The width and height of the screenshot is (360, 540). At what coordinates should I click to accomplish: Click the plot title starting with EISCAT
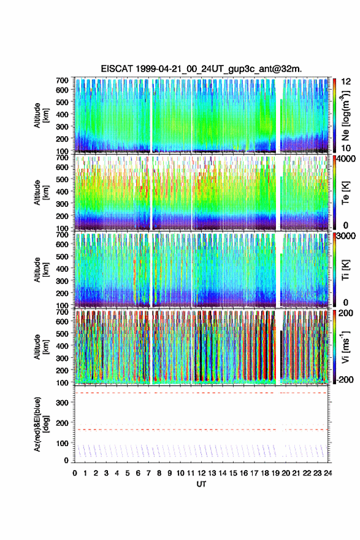(x=201, y=69)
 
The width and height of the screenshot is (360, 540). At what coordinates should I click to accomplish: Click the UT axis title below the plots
(x=201, y=484)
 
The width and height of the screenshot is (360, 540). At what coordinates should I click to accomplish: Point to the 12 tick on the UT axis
(x=201, y=473)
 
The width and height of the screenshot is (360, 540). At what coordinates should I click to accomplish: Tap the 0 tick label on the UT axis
(x=75, y=473)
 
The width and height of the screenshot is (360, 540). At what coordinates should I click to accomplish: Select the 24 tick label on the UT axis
(x=327, y=473)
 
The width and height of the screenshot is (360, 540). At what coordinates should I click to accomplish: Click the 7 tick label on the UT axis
(x=148, y=473)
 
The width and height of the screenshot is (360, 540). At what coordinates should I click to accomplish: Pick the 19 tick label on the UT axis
(x=275, y=473)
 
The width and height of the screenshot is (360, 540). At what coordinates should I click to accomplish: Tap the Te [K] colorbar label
(x=345, y=193)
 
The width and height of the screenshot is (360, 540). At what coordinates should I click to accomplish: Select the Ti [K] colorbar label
(x=345, y=270)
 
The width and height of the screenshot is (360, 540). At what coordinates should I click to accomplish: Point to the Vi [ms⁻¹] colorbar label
(x=345, y=347)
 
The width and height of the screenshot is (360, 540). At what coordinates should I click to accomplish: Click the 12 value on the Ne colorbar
(x=347, y=82)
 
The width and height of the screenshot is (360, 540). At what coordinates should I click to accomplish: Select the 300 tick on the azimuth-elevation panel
(x=62, y=403)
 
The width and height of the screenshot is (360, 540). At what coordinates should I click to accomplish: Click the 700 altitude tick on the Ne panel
(x=62, y=80)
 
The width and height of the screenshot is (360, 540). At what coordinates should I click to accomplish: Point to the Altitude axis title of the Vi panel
(x=41, y=347)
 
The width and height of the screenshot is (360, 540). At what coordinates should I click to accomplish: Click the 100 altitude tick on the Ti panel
(x=62, y=306)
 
